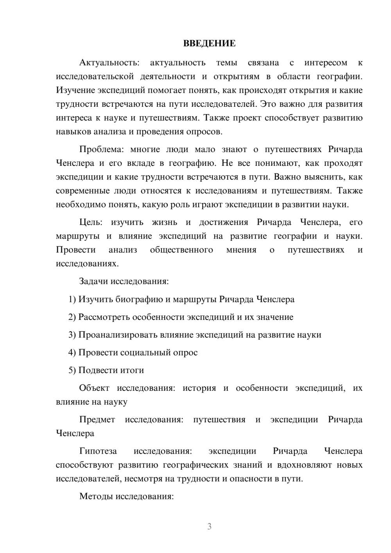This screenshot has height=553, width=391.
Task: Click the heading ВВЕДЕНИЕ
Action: point(209,43)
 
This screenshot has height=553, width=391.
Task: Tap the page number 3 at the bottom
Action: point(209,526)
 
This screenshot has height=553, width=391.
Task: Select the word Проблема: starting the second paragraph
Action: point(100,149)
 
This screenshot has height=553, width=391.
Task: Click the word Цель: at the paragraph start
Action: point(91,222)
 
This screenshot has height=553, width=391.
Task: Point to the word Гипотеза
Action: point(98,451)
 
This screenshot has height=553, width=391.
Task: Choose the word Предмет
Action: point(97,420)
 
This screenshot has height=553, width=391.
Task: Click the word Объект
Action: point(95,388)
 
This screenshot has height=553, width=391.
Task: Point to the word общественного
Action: point(181,250)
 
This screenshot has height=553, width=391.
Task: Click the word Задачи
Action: point(93,282)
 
